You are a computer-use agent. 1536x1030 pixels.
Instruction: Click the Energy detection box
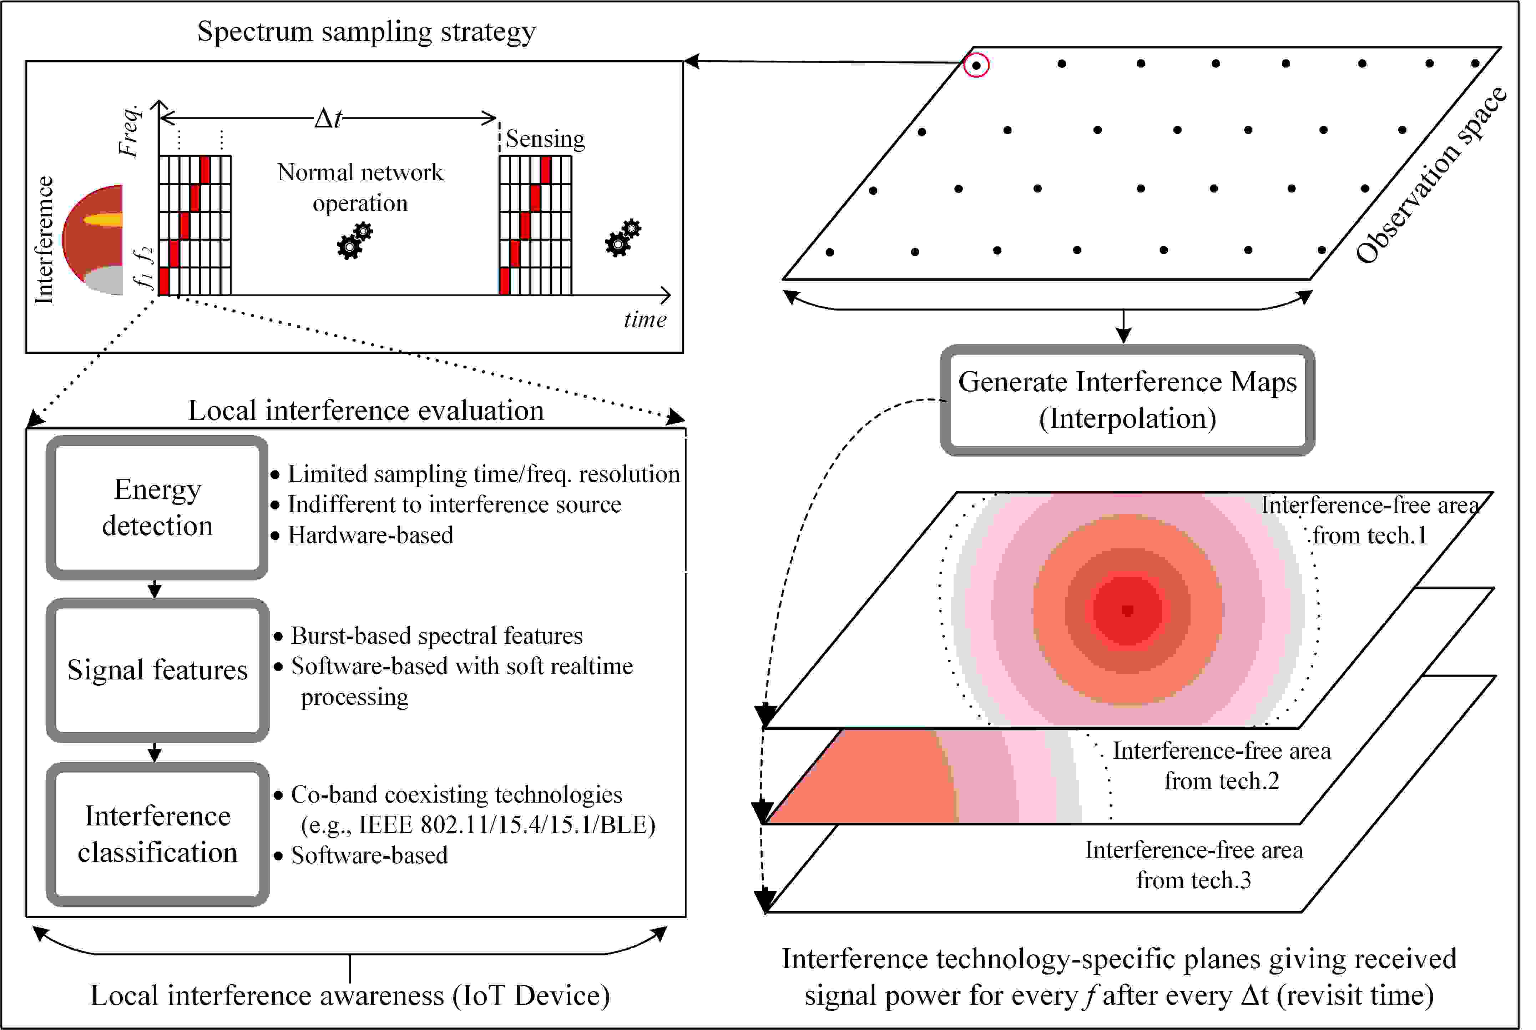(x=157, y=507)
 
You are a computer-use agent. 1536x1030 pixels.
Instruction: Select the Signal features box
(x=157, y=670)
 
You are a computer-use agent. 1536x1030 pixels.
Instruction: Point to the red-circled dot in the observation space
(x=976, y=65)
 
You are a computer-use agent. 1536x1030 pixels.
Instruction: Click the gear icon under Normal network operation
(x=355, y=241)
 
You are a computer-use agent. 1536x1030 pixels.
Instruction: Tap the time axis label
(x=645, y=320)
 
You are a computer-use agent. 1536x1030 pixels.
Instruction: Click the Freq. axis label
(x=130, y=130)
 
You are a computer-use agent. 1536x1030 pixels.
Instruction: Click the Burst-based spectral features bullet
(x=437, y=636)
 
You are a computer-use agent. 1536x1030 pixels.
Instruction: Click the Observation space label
(x=1431, y=175)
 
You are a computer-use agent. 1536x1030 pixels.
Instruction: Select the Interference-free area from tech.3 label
(x=1193, y=864)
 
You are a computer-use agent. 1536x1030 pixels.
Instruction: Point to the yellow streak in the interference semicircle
(x=104, y=220)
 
